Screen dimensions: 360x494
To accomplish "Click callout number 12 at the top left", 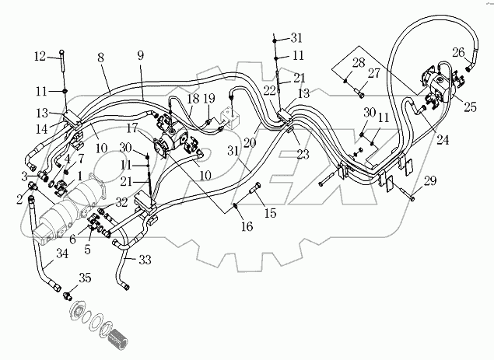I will [40, 56].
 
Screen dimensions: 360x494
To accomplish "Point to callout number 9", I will [141, 56].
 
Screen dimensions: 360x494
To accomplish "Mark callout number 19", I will [209, 99].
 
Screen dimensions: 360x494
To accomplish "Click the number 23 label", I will [302, 154].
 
